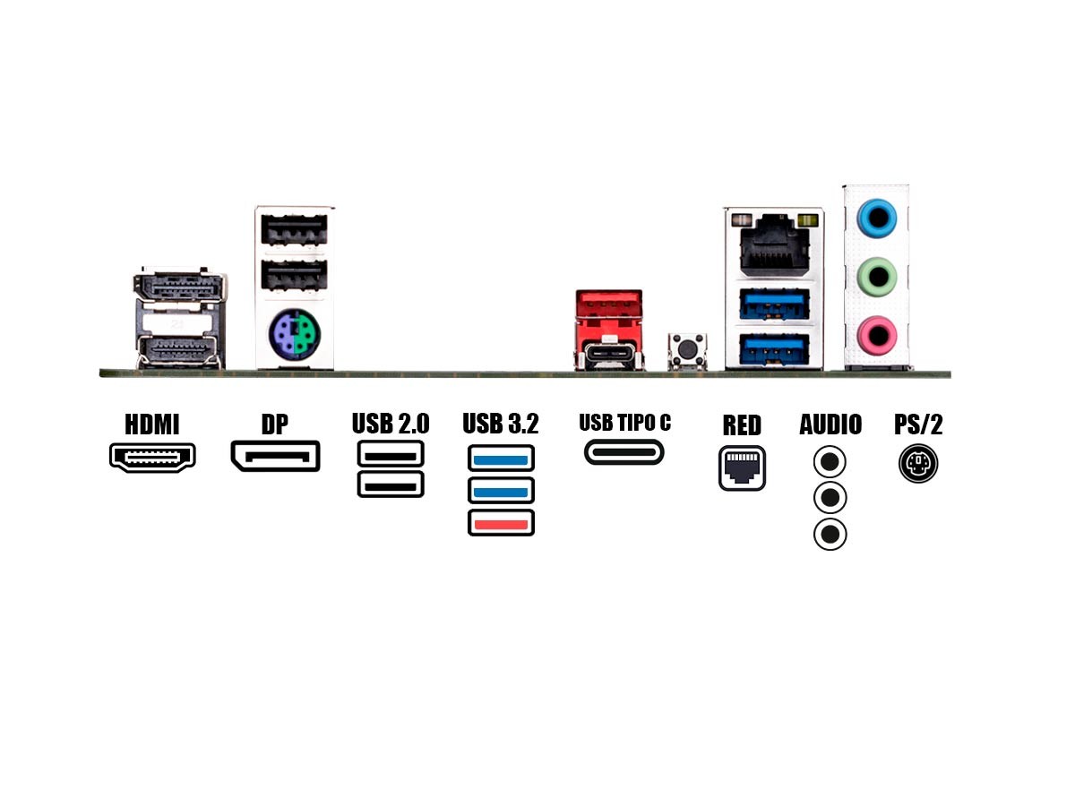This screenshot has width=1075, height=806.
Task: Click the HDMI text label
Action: tap(152, 424)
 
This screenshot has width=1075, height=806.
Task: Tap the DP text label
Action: tap(275, 424)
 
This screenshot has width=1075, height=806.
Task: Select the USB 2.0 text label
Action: tap(391, 424)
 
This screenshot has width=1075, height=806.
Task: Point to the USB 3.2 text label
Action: tap(501, 424)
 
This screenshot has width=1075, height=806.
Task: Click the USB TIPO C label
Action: tap(624, 423)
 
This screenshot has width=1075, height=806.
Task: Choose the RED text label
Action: tap(742, 424)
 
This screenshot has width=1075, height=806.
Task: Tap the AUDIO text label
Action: tap(830, 424)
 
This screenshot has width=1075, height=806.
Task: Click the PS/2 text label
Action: tap(919, 424)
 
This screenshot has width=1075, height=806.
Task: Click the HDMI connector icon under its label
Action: tap(152, 457)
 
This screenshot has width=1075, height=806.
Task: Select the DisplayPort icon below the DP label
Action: tap(275, 457)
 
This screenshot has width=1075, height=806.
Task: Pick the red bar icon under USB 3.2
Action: tap(501, 523)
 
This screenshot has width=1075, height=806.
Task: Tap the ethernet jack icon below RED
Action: tap(742, 467)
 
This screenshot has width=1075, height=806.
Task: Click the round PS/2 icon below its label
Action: tap(918, 464)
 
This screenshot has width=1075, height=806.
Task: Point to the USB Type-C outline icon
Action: tap(624, 451)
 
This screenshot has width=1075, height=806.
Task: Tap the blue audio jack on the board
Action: tap(875, 216)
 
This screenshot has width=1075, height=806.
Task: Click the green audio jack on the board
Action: tap(875, 275)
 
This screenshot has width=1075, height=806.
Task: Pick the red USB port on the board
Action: tap(610, 309)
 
